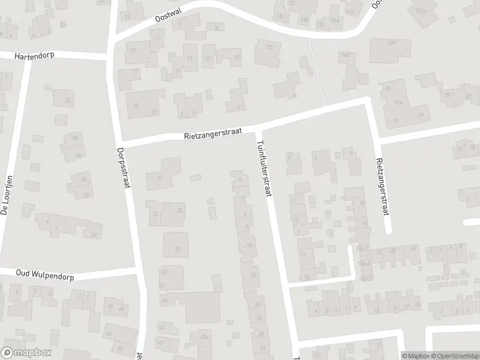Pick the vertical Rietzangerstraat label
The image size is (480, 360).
(x=380, y=179)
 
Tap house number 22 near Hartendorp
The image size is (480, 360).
(x=67, y=100)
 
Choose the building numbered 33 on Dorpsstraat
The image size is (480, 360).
(x=155, y=214)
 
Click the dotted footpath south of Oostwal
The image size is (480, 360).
(x=316, y=72)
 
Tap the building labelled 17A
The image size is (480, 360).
(x=398, y=103)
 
